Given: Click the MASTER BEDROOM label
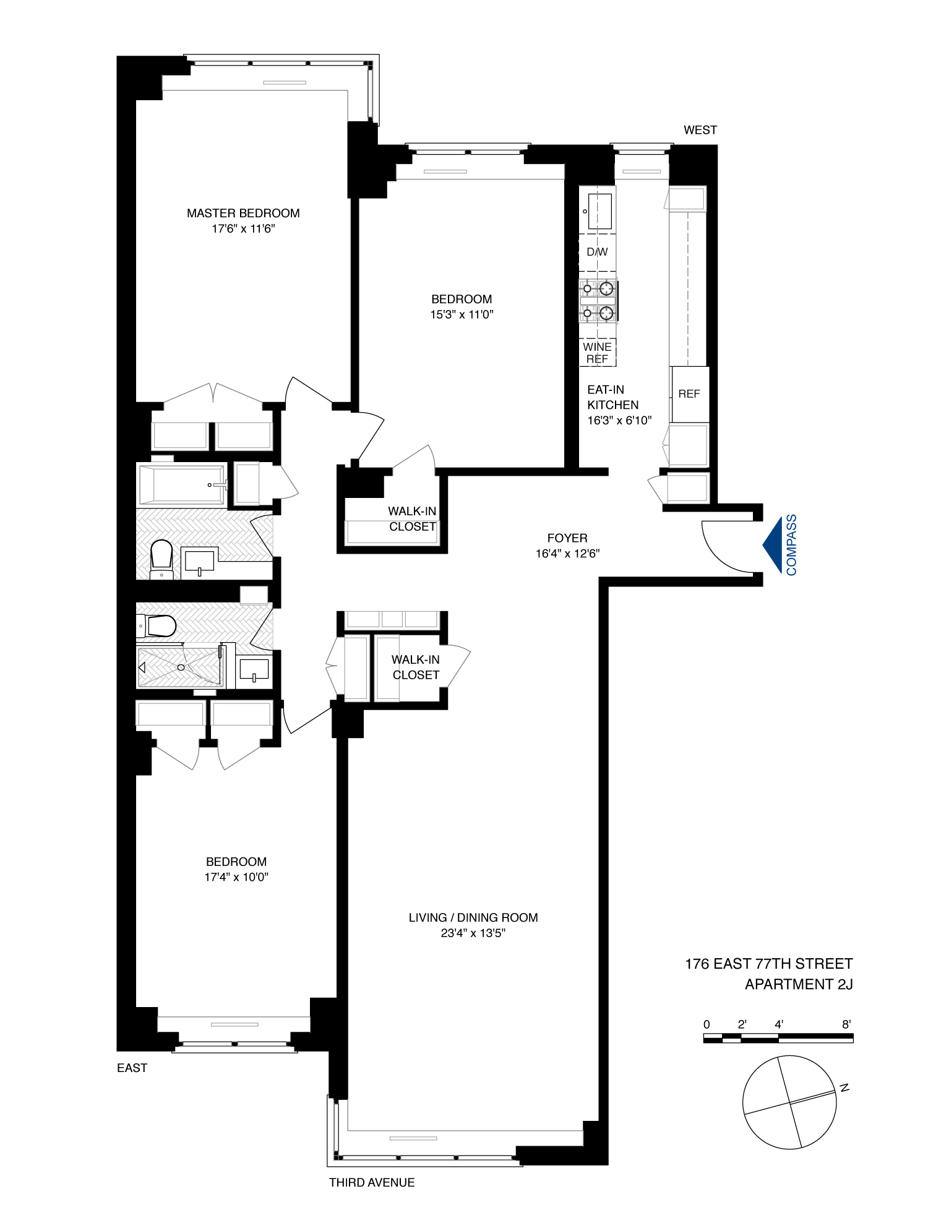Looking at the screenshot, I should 243,213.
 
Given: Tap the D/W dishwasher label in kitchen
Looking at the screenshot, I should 597,252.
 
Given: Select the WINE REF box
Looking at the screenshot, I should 597,353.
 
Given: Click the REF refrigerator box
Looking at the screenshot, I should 689,394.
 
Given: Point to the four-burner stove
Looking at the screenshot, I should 598,301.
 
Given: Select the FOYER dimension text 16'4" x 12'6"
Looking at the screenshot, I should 567,554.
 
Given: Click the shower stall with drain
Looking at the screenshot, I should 180,667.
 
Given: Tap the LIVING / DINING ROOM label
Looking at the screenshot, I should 473,917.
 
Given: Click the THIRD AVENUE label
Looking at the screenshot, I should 372,1183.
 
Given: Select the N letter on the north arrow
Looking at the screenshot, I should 844,1088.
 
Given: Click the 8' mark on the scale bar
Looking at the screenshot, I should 846,1024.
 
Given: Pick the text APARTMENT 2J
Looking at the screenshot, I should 799,984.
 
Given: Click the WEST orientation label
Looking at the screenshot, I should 700,130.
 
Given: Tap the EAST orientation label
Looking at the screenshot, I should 132,1068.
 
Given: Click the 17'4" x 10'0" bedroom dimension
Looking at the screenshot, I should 236,877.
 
